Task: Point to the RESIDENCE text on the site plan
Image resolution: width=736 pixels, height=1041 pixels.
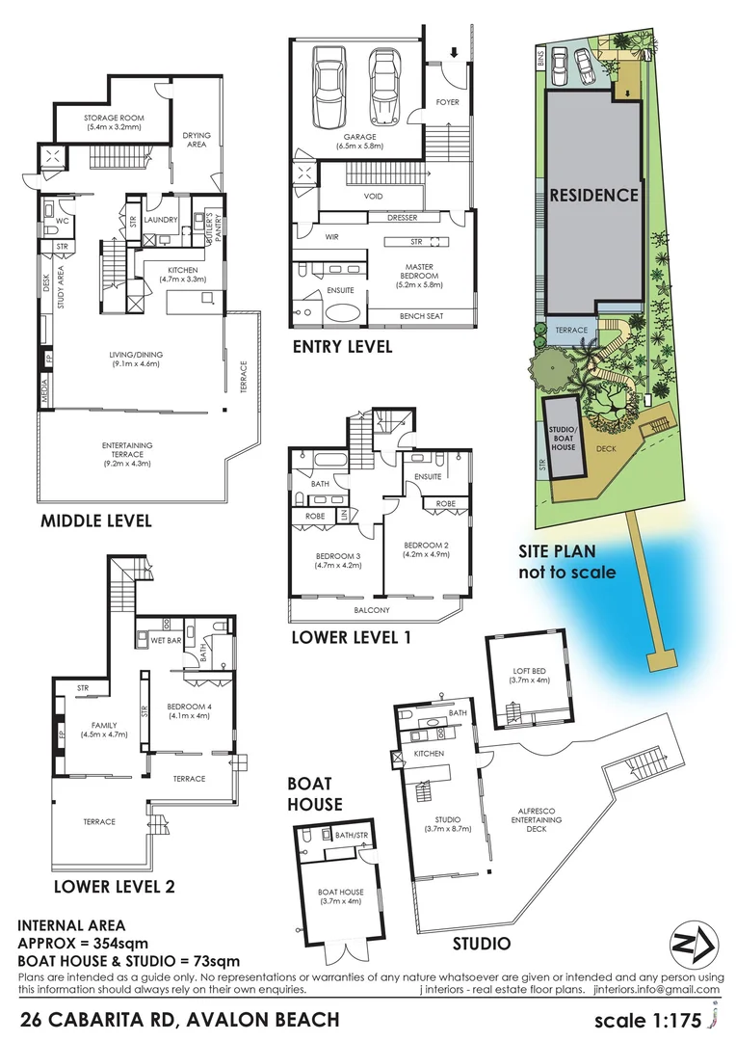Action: click(593, 195)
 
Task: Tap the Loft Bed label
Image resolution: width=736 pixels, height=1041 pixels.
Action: click(528, 674)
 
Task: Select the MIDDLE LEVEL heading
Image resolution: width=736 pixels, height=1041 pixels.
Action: click(95, 521)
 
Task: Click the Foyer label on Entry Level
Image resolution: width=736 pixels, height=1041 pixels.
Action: click(447, 102)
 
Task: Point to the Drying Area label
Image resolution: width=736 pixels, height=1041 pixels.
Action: click(197, 140)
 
